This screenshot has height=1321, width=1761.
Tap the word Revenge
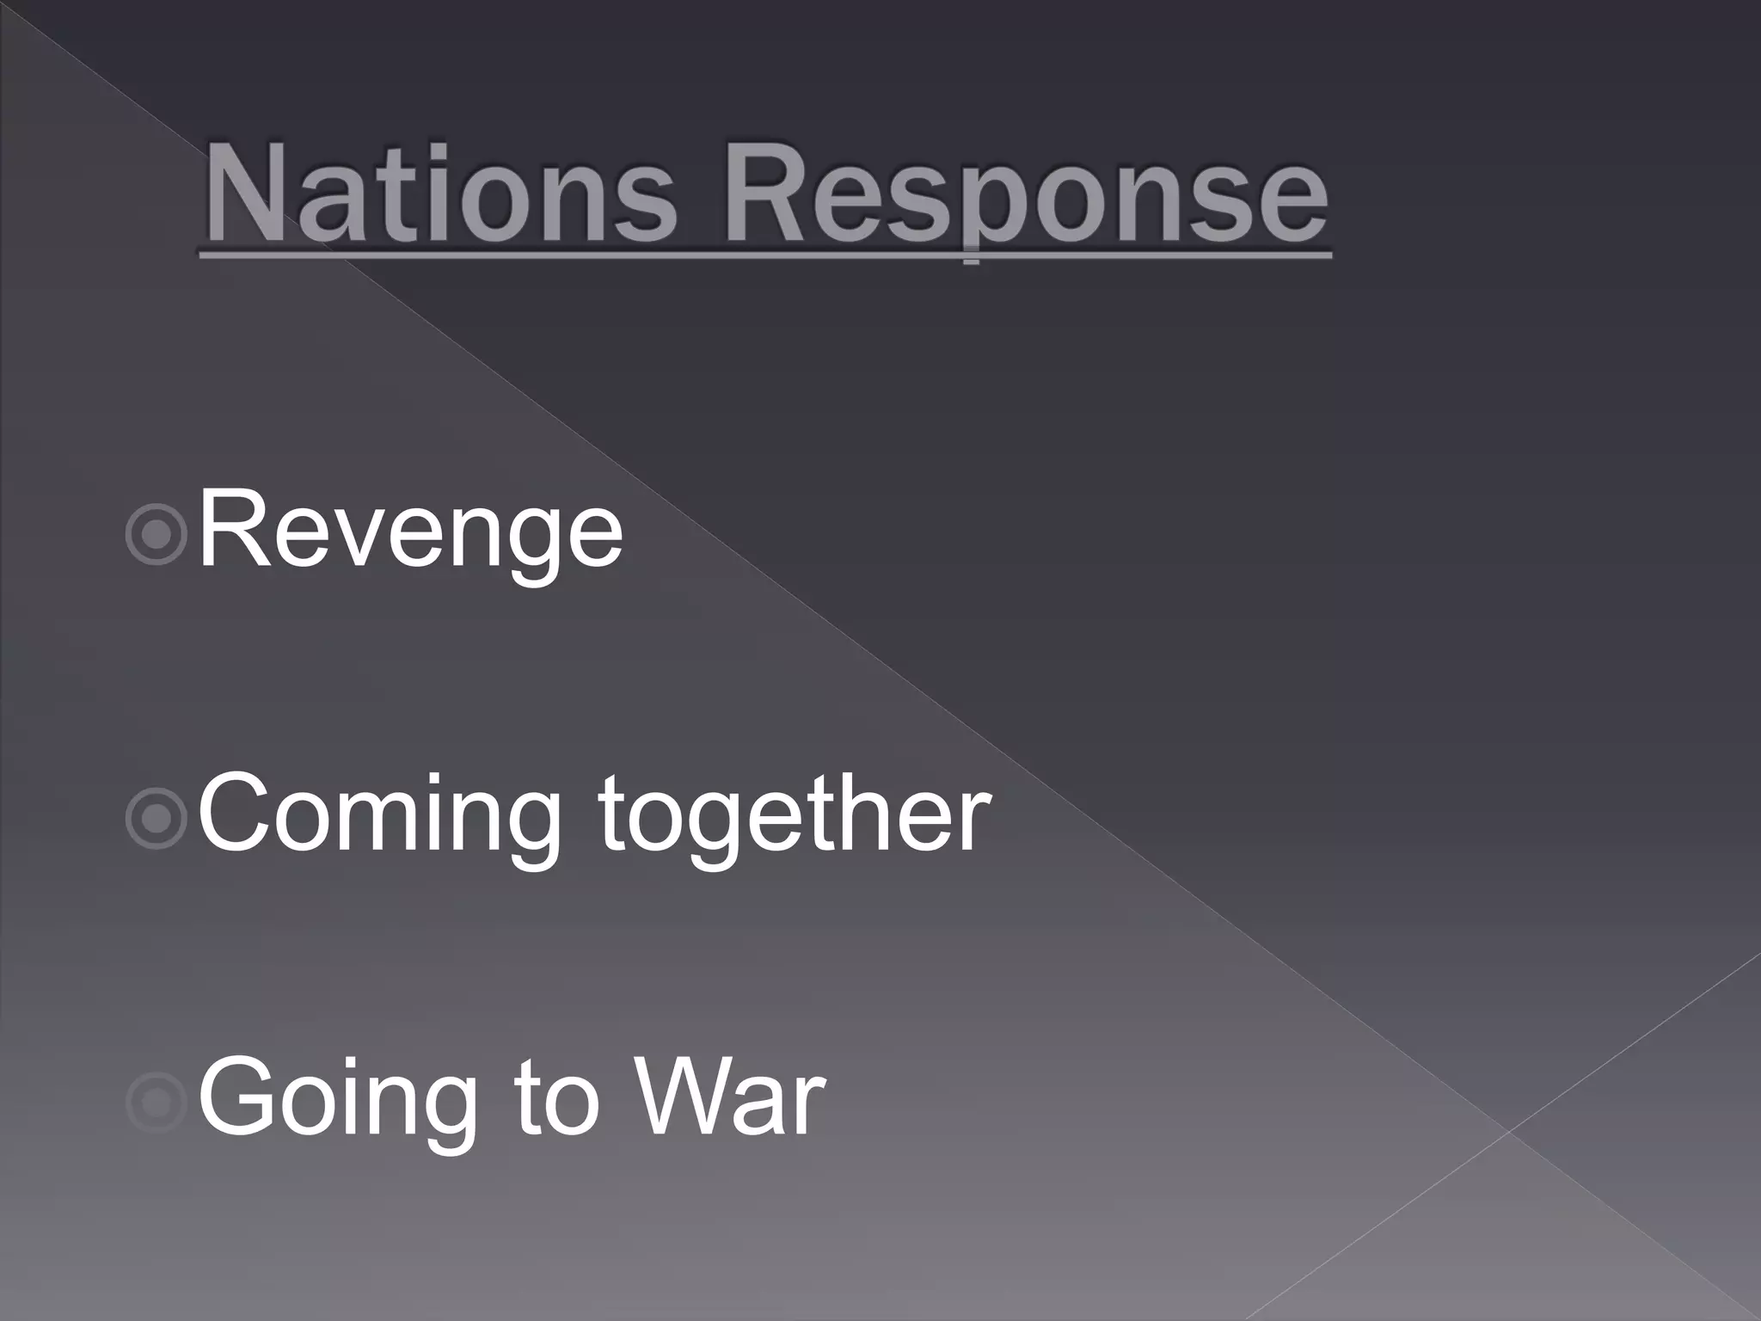tap(411, 529)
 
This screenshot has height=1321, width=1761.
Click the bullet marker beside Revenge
tap(156, 534)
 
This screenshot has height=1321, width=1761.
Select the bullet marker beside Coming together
tap(156, 818)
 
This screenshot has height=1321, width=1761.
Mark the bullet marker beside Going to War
tap(156, 1102)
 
